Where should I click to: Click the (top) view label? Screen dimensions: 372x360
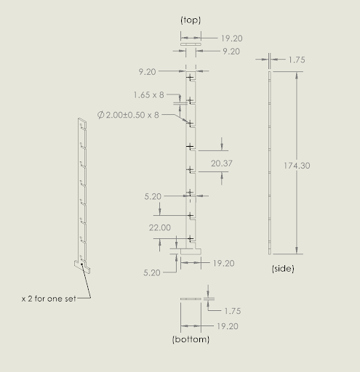(190, 20)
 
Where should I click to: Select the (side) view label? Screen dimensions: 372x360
(282, 269)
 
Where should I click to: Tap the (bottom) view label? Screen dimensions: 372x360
(191, 339)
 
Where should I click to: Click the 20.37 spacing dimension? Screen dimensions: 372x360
(222, 163)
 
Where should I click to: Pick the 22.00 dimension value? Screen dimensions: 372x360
(159, 227)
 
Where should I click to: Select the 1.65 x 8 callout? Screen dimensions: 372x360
(149, 95)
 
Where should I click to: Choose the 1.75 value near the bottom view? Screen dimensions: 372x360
(233, 310)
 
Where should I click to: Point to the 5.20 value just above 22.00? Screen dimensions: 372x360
(153, 196)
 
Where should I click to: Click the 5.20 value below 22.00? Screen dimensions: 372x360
(153, 273)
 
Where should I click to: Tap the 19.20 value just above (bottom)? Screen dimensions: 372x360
(228, 326)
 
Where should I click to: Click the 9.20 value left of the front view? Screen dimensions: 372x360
(148, 72)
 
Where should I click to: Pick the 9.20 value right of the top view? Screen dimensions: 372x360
(231, 52)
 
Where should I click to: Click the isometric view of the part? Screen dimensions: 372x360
(81, 193)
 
